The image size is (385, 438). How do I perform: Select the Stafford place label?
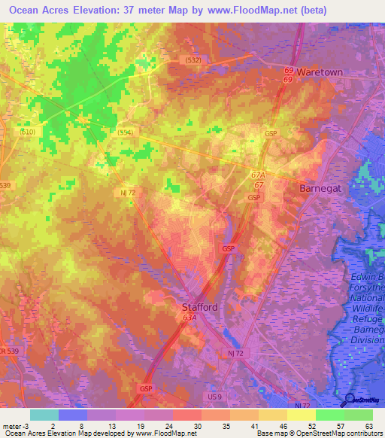point(200,307)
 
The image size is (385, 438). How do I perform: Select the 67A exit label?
point(259,175)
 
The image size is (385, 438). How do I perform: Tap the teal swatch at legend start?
point(44,415)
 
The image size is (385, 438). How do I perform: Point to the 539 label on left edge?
point(6,185)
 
